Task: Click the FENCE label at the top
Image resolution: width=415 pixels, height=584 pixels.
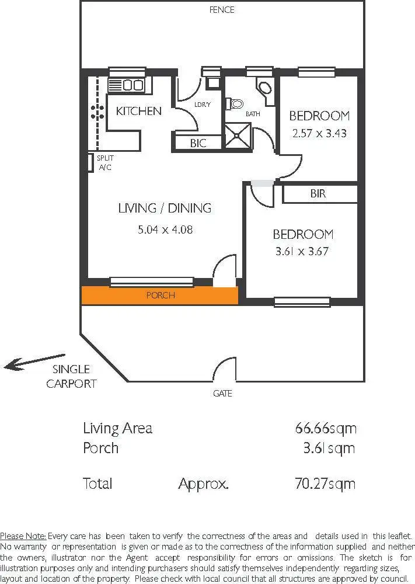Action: [222, 9]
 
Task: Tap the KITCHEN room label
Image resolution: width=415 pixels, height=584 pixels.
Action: [138, 110]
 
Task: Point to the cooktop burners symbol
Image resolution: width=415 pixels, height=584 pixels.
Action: [97, 110]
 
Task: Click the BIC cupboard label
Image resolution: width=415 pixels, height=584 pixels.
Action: [198, 142]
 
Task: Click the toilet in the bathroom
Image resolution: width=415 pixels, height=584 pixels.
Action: [236, 104]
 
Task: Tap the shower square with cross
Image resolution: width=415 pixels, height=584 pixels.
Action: [238, 137]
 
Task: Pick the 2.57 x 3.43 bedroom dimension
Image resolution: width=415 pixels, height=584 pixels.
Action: [319, 133]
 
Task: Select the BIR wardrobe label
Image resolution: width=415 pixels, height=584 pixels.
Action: [318, 194]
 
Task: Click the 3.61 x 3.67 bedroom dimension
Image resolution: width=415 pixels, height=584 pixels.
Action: [303, 252]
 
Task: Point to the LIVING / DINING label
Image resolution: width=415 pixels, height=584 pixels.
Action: [165, 208]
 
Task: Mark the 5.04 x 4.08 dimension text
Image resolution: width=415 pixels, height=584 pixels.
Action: [165, 230]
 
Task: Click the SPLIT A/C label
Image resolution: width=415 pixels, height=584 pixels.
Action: [105, 162]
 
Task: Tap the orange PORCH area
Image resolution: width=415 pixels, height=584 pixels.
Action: [159, 296]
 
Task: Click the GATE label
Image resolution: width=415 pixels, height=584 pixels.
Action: [222, 394]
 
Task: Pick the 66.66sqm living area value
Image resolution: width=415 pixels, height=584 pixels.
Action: [325, 428]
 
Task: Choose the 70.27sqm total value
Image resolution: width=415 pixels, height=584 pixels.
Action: [325, 484]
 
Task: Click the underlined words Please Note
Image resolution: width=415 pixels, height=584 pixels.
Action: [23, 536]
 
